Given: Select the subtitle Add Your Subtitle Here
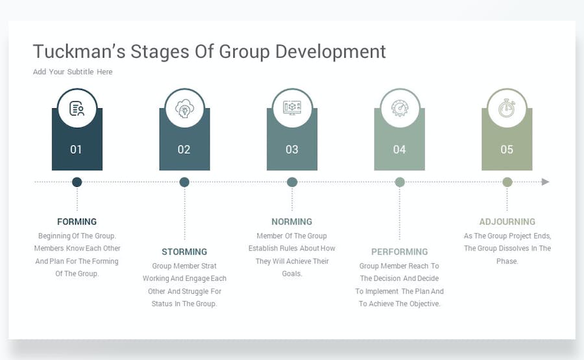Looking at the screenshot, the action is [73, 72].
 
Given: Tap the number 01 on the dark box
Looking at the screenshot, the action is [76, 150].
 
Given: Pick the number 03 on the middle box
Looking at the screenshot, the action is [291, 150].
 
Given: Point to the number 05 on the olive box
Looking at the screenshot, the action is [507, 150].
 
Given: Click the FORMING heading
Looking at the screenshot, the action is [77, 221].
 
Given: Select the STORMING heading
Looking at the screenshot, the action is [184, 252].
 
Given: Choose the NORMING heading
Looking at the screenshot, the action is [291, 221].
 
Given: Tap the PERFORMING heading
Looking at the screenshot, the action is [399, 252].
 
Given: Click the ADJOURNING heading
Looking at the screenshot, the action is [507, 221].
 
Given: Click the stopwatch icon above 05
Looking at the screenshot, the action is [507, 108].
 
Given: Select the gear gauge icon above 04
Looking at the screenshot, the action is [400, 108].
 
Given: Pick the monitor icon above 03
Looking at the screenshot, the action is [292, 108].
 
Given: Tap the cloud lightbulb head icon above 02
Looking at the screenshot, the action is [184, 109].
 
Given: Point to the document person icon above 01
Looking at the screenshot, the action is [77, 108].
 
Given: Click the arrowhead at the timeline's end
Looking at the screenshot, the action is [545, 182].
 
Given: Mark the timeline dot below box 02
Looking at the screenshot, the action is [184, 182].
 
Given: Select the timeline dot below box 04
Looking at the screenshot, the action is [400, 182].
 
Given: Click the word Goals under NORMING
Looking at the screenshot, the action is [291, 274].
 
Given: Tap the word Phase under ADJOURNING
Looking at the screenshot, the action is [507, 261].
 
